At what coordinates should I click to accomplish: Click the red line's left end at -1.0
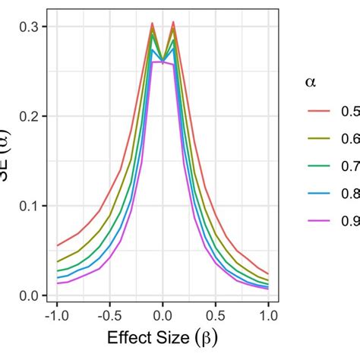tap(58, 245)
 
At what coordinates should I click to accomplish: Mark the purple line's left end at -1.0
tap(58, 283)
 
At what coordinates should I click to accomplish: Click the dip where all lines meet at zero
tap(163, 62)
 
